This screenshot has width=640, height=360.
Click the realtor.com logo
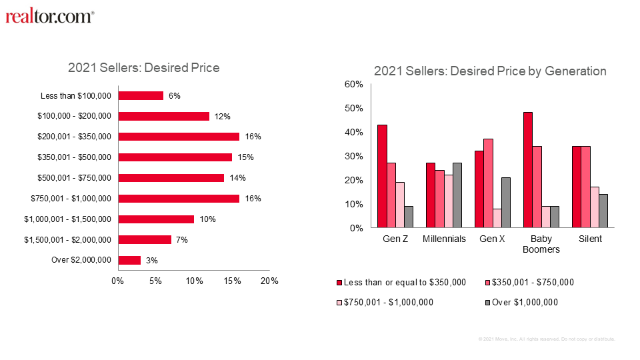click(x=50, y=17)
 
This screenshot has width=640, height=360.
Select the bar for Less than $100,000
click(x=141, y=95)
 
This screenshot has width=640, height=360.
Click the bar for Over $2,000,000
click(x=129, y=260)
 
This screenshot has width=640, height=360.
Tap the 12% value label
click(x=222, y=117)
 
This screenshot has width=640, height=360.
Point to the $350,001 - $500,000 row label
click(x=75, y=157)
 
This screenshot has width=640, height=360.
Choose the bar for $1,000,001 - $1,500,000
click(x=156, y=219)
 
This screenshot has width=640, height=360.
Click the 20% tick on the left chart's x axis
click(x=269, y=281)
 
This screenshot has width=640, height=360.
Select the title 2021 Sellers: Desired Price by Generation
click(x=490, y=71)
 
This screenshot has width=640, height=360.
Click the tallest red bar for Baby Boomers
click(x=527, y=170)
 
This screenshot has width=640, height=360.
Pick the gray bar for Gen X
click(x=505, y=203)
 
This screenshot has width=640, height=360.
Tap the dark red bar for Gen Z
click(x=382, y=176)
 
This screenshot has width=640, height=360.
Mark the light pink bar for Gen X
click(x=497, y=218)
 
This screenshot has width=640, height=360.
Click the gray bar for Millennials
click(x=457, y=195)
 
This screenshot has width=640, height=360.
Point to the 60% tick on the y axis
click(x=353, y=84)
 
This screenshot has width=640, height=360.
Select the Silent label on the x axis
click(x=590, y=239)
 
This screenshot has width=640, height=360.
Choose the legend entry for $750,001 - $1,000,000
click(x=390, y=302)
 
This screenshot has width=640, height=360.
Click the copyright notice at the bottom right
click(x=547, y=339)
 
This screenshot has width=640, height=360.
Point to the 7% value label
click(x=181, y=239)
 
